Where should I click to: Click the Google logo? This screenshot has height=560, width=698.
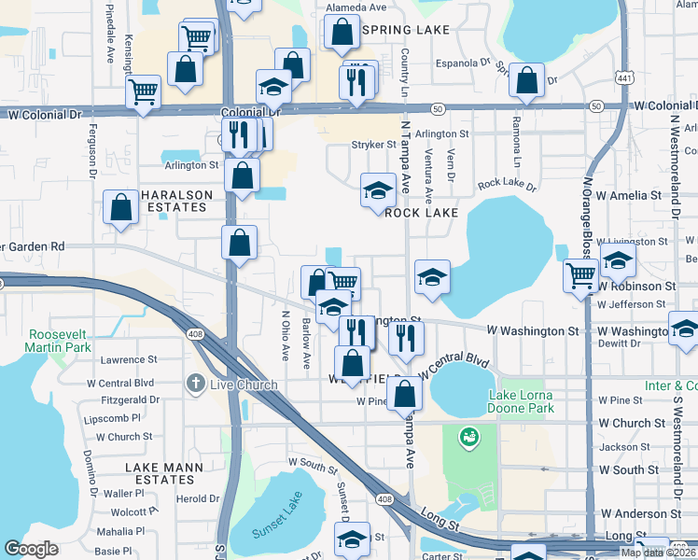(x=31, y=549)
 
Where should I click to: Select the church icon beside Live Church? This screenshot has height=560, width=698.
(x=194, y=384)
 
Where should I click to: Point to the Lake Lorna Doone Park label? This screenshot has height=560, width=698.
(x=521, y=401)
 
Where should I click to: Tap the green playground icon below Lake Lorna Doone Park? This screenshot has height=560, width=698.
(x=468, y=436)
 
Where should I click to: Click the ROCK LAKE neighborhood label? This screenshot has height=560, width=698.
(x=422, y=213)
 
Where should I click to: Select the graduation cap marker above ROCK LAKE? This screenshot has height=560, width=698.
(x=377, y=190)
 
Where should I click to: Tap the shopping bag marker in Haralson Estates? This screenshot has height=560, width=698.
(x=121, y=208)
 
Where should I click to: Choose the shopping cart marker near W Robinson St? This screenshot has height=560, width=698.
(x=580, y=276)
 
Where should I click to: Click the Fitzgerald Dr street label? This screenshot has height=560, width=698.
(x=123, y=399)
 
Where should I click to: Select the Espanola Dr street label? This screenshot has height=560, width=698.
(x=463, y=64)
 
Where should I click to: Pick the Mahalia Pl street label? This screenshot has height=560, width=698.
(x=119, y=531)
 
